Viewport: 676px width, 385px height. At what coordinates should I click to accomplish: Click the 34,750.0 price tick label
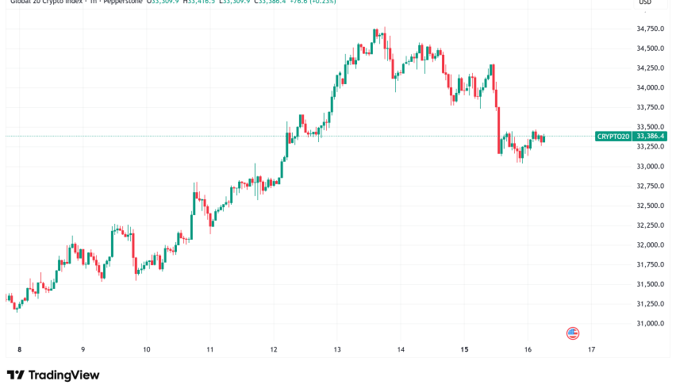tap(650, 29)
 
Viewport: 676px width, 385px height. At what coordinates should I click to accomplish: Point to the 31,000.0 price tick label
tap(650, 324)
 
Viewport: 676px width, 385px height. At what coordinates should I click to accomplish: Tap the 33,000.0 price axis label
tap(650, 167)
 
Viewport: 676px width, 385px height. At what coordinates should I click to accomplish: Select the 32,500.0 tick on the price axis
tap(650, 206)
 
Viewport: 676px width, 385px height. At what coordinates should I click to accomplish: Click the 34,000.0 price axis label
tap(650, 88)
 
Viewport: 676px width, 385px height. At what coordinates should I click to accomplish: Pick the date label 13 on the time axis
tap(337, 349)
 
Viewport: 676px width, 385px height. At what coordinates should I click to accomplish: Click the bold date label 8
tap(18, 349)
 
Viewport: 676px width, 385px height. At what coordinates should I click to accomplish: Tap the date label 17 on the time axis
tap(591, 349)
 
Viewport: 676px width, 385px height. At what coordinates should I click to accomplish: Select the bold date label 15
tap(464, 349)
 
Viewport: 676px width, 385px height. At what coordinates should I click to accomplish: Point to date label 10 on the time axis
tap(146, 349)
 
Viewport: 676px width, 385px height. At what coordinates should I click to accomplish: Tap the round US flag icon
tap(573, 333)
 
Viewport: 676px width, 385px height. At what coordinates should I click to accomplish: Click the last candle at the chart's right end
tap(543, 138)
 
